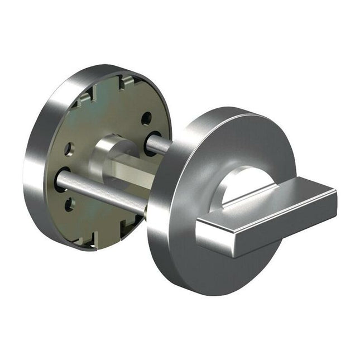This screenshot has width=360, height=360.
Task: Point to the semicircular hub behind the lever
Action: (x=246, y=181)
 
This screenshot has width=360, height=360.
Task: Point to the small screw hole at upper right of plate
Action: (x=146, y=118)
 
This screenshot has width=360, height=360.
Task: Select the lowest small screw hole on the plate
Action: (x=69, y=204)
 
